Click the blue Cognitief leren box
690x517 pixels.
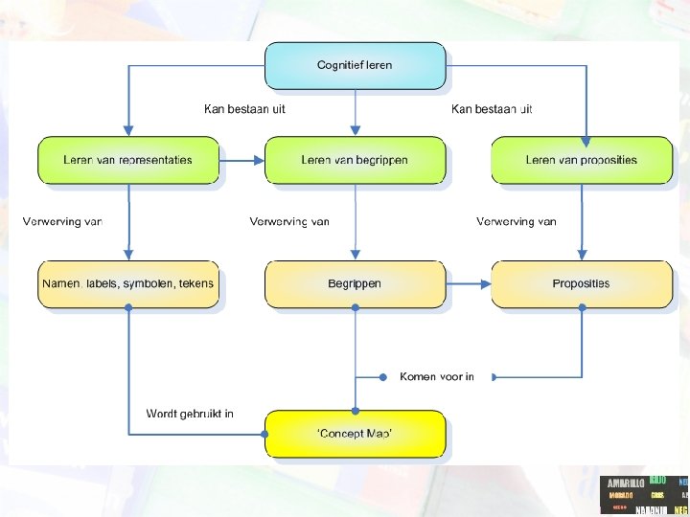pos(355,65)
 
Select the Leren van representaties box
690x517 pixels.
pos(127,160)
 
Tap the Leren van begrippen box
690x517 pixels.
pos(355,160)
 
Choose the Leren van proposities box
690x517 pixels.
pos(581,160)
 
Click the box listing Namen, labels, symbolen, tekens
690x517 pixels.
pos(127,284)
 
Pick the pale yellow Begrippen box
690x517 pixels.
pos(355,284)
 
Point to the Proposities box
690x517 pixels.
pos(581,284)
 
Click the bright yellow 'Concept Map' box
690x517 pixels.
pos(355,434)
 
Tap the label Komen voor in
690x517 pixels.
pos(437,377)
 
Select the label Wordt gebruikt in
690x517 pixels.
pos(190,415)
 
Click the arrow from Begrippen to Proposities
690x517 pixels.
pos(469,284)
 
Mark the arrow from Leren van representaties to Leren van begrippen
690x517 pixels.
pos(242,160)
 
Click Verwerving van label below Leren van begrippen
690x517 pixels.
pos(289,222)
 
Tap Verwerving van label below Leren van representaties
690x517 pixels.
pos(62,222)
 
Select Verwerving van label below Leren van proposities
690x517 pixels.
pos(517,222)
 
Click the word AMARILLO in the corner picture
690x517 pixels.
pos(626,483)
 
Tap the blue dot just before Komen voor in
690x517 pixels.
pos(382,377)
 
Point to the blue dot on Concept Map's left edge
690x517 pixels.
pos(265,434)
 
